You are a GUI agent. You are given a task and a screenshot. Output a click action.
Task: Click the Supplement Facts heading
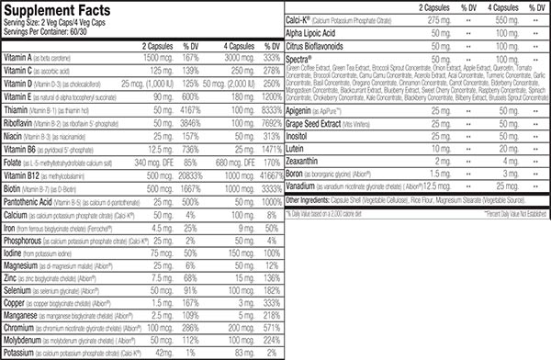[x=54, y=9]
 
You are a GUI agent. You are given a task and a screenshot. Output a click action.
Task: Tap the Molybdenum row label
[x=29, y=338]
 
